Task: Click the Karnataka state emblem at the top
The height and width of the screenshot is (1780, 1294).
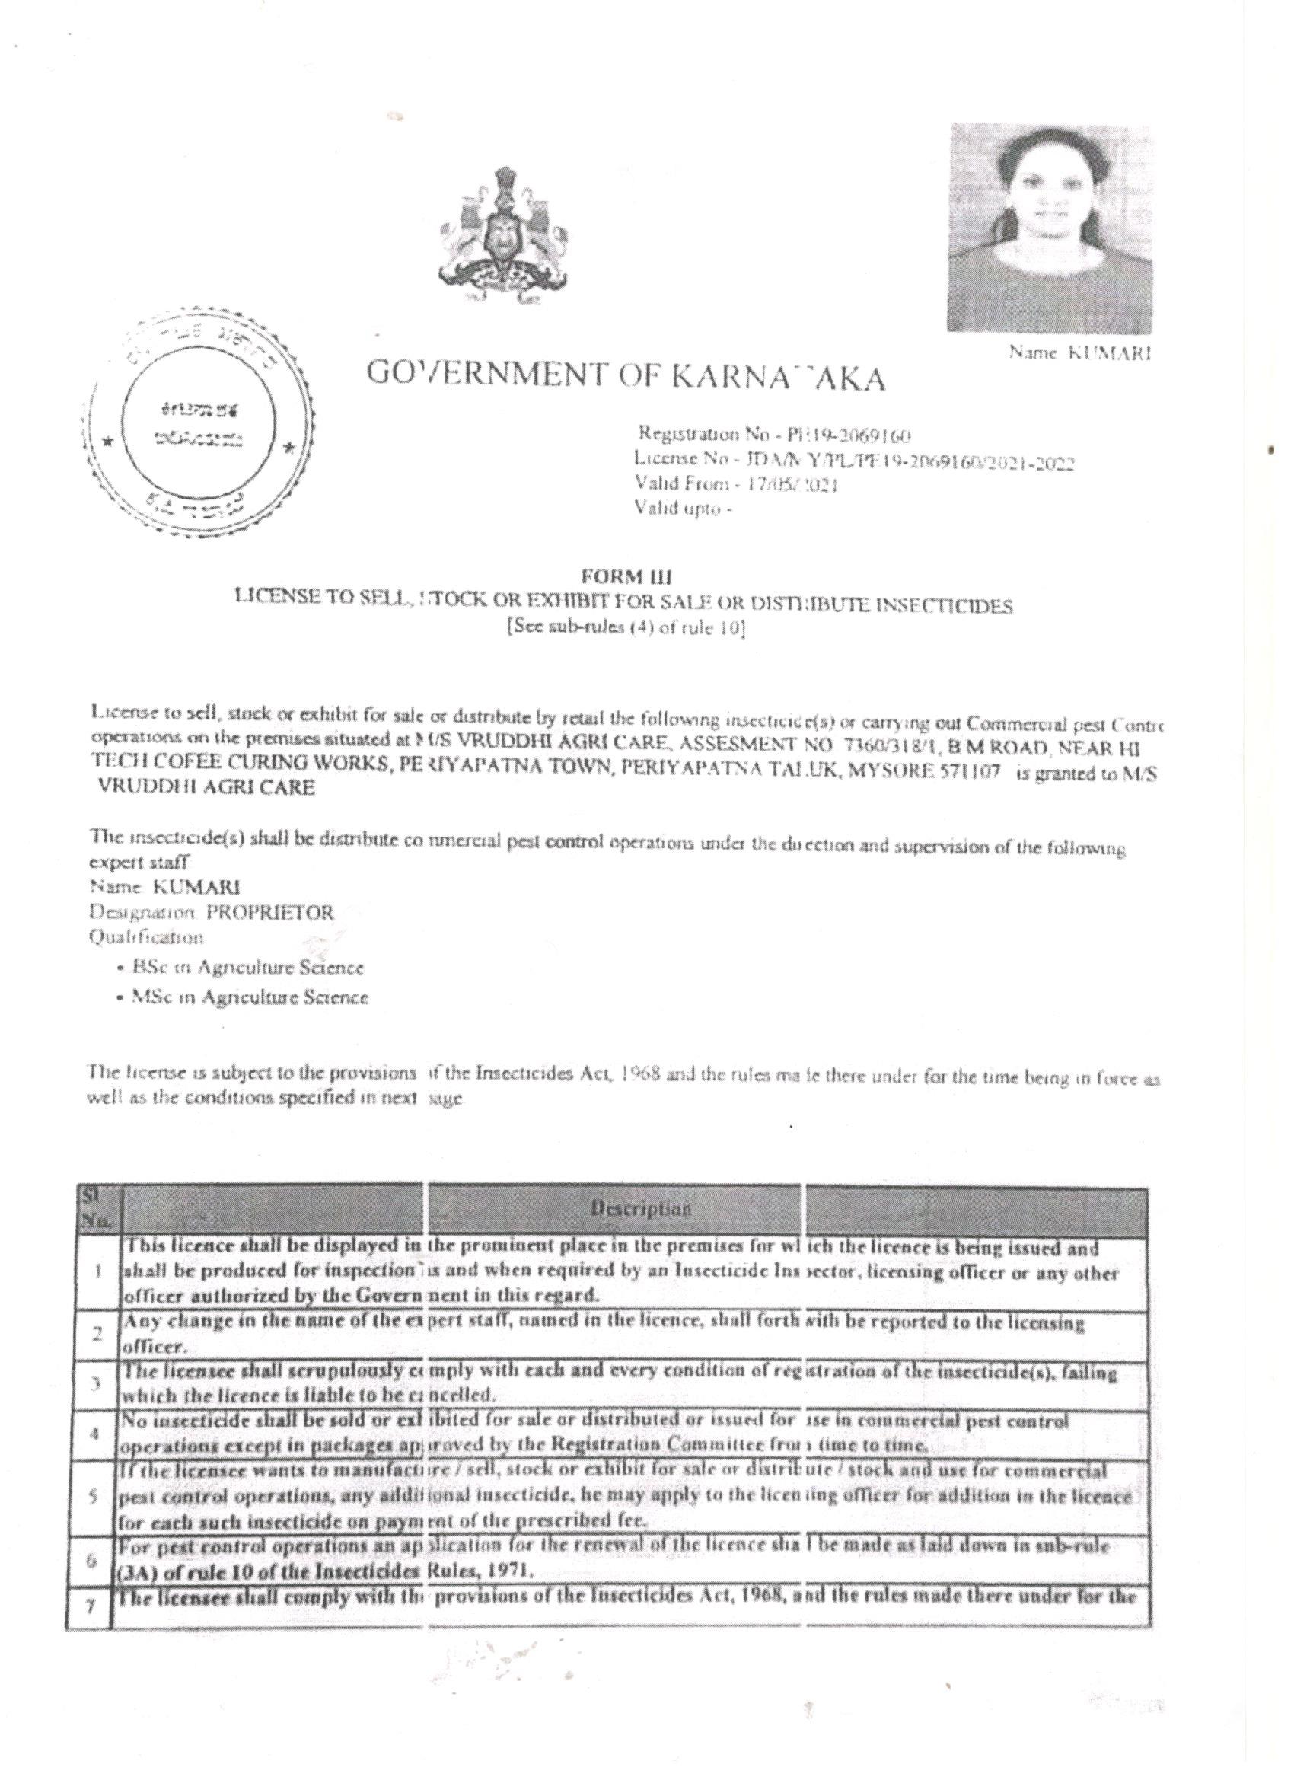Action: pyautogui.click(x=503, y=237)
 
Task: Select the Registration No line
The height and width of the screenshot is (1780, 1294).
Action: pyautogui.click(x=773, y=434)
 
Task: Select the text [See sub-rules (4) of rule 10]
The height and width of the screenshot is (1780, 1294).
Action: pyautogui.click(x=626, y=629)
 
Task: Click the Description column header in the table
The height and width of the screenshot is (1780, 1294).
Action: pyautogui.click(x=644, y=1209)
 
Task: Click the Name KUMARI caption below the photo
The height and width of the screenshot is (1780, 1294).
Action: pyautogui.click(x=1079, y=353)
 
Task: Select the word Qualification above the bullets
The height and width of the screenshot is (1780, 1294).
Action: pyautogui.click(x=148, y=937)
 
